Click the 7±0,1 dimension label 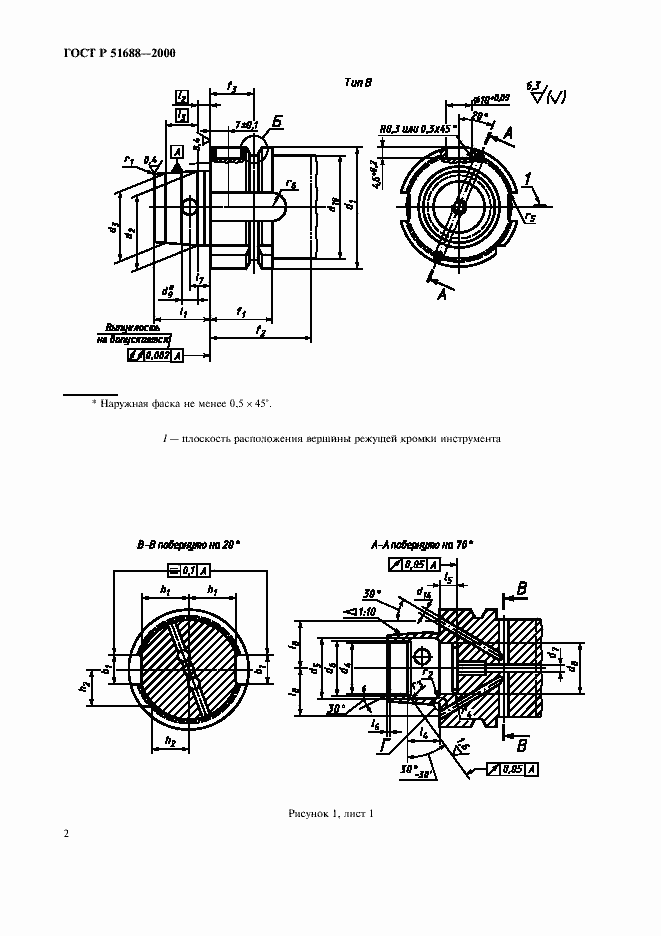click(x=244, y=124)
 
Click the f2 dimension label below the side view click(x=260, y=329)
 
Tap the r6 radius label click(x=290, y=183)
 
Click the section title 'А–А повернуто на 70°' click(x=422, y=545)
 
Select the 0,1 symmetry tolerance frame click(x=189, y=570)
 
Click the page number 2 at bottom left click(x=66, y=833)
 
